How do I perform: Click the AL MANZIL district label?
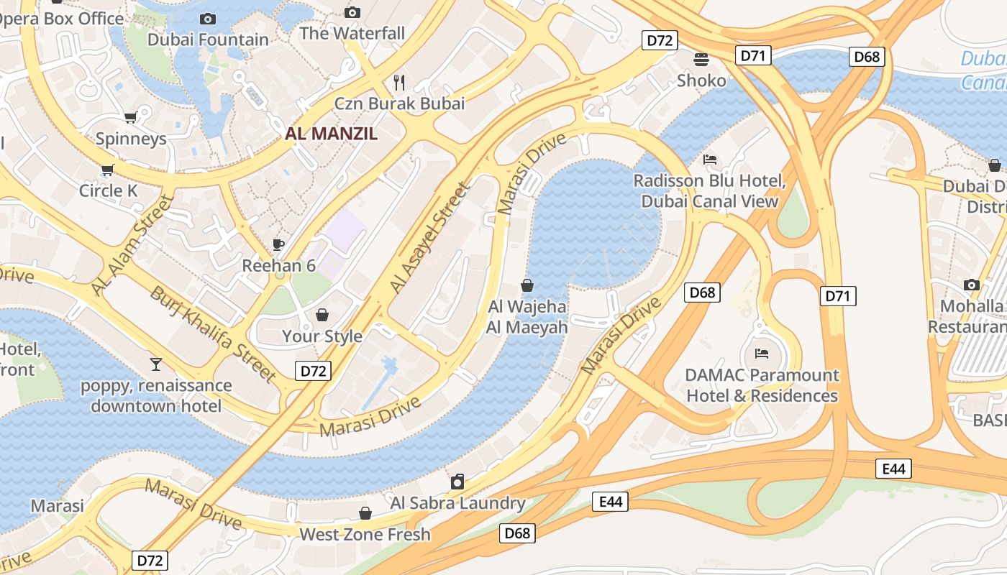point(332,133)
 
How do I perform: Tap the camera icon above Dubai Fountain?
point(208,19)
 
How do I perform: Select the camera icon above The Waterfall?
point(352,12)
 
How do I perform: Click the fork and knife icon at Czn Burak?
point(400,82)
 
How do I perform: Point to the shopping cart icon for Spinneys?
point(130,117)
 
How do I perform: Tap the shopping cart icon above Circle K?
point(108,170)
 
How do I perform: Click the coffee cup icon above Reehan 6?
point(278,245)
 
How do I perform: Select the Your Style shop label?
point(322,336)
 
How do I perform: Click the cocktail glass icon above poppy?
point(156,364)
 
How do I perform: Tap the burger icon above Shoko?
point(701,59)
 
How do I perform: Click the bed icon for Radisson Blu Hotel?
point(710,160)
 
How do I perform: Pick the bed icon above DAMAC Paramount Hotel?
point(762,353)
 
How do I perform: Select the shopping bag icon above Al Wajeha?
point(527,285)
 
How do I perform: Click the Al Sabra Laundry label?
point(457,502)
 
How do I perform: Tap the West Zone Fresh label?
point(365,534)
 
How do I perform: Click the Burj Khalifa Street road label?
point(213,334)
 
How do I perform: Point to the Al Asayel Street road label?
point(429,237)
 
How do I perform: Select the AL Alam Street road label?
point(133,244)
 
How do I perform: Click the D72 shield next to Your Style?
point(313,371)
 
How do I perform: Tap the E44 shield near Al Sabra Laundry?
point(610,501)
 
